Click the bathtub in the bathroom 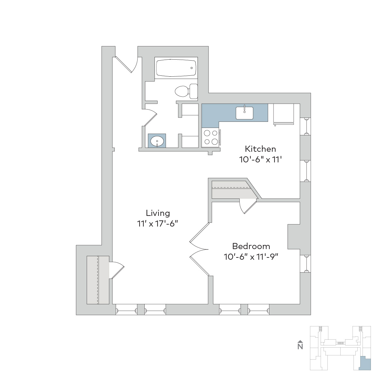[x=176, y=68]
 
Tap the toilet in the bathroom [x=186, y=92]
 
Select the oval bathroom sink [x=157, y=141]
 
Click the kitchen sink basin [x=244, y=113]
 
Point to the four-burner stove [x=211, y=137]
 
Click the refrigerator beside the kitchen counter [x=284, y=114]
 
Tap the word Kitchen [x=260, y=149]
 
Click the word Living [x=158, y=213]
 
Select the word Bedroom [x=251, y=246]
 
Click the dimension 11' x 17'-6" [x=158, y=224]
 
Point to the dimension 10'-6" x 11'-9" [x=251, y=257]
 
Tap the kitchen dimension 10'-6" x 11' [x=260, y=160]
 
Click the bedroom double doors [x=199, y=249]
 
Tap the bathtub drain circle [x=191, y=68]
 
